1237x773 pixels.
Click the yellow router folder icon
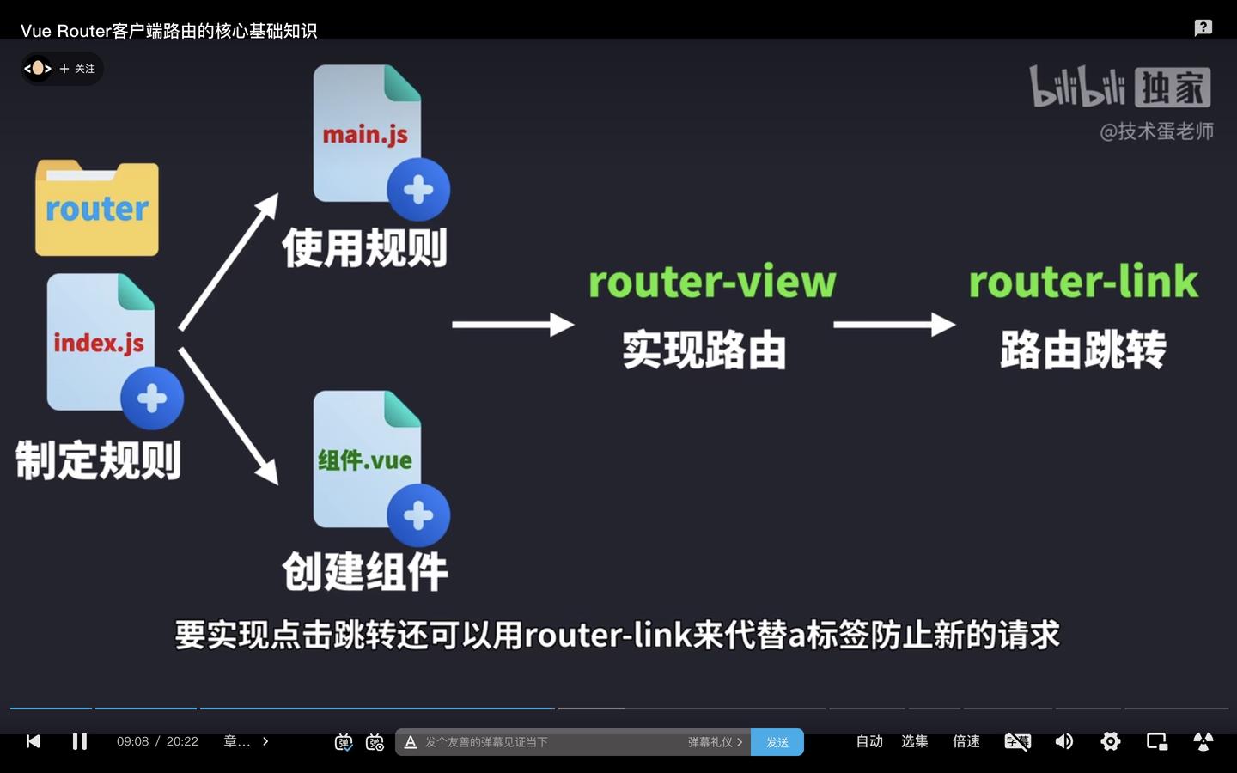(96, 208)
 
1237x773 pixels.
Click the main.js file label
(365, 135)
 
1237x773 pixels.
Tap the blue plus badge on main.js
(418, 189)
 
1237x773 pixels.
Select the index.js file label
(99, 343)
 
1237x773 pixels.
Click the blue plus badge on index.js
(152, 398)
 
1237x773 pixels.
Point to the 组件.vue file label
(365, 460)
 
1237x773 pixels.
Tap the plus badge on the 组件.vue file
(418, 515)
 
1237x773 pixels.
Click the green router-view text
(711, 282)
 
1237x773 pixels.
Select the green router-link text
(1082, 282)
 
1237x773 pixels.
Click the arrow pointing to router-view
(513, 325)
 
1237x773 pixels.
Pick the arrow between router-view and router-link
(893, 325)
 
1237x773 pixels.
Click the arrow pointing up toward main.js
(229, 261)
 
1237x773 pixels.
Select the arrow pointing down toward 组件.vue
(229, 416)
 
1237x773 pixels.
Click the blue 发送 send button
(777, 742)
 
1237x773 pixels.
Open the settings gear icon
(1110, 741)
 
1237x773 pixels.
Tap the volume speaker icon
(1063, 741)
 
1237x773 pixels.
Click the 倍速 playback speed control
(966, 741)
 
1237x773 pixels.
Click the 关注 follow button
(78, 69)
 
